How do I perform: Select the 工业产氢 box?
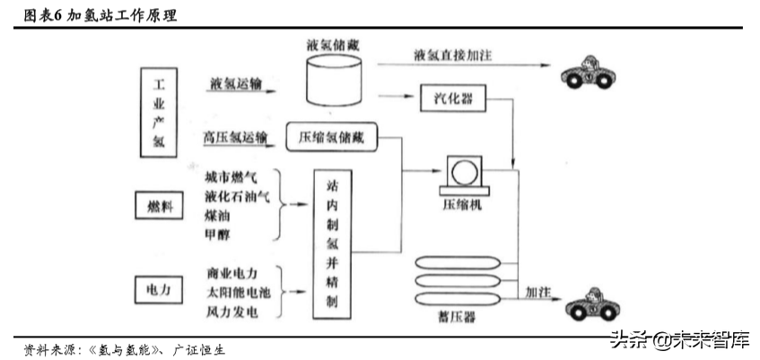[158, 114]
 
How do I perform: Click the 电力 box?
[158, 291]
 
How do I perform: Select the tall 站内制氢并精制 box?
[330, 242]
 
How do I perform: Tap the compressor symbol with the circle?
[463, 171]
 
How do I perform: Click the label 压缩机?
[462, 205]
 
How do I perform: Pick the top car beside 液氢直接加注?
[590, 72]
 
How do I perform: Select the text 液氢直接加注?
[452, 56]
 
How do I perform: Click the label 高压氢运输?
[235, 137]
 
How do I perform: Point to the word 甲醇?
[218, 235]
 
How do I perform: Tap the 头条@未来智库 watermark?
[679, 339]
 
